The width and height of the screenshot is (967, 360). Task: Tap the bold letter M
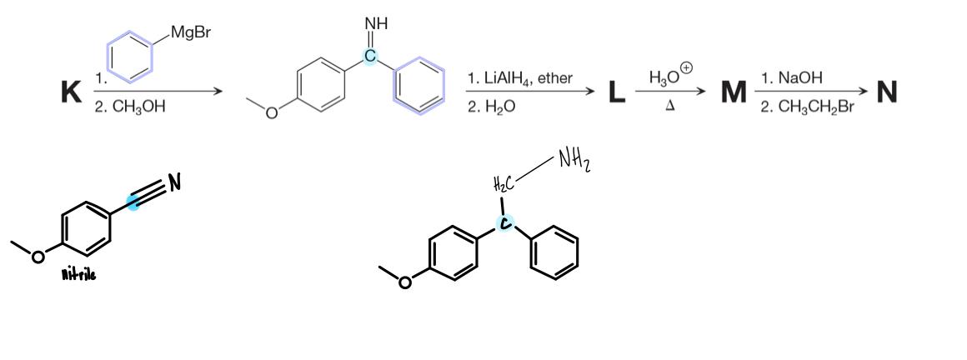[x=734, y=92]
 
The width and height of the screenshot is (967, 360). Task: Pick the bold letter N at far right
[x=887, y=92]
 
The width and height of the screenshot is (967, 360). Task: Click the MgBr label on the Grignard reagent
[x=189, y=34]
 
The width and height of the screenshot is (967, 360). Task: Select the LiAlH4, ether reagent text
[x=520, y=79]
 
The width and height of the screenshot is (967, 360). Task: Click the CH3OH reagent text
[x=129, y=107]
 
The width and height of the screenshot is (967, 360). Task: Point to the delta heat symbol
[x=669, y=107]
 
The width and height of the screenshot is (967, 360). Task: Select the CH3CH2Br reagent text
[x=808, y=107]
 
